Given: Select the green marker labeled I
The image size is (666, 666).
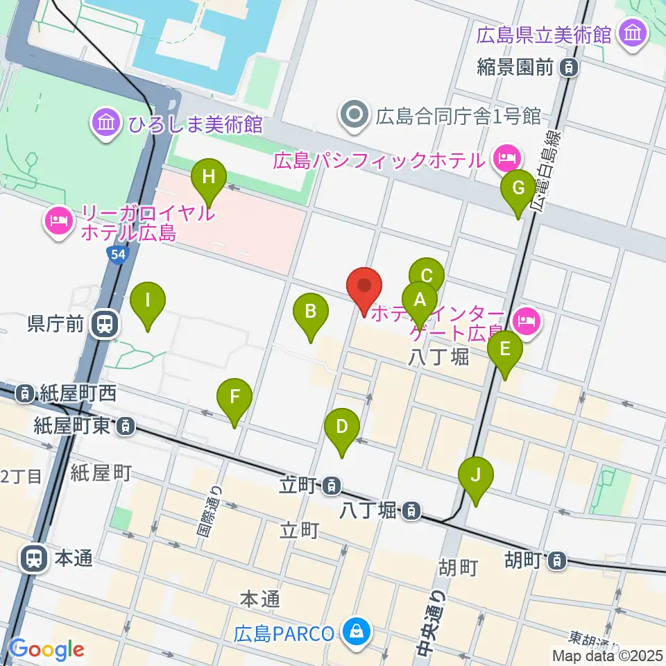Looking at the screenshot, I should (148, 302).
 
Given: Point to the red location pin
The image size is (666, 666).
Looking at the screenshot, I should (364, 287).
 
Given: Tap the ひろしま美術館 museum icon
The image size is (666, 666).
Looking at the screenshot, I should (106, 124).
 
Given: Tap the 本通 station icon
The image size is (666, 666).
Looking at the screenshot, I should (33, 558).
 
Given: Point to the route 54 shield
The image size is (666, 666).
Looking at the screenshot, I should (117, 255).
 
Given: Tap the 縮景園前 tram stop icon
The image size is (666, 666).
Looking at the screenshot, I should (569, 67).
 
